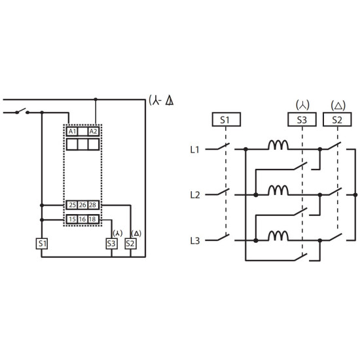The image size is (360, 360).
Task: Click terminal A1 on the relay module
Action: [72, 132]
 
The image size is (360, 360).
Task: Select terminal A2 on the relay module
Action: [94, 132]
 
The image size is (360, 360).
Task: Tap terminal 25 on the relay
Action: [72, 205]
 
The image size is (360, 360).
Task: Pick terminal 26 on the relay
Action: [82, 205]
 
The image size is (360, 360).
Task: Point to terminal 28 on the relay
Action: [93, 205]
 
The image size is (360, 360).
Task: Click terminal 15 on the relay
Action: [72, 219]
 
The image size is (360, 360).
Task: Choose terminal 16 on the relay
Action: [82, 219]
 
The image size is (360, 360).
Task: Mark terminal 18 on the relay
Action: [93, 219]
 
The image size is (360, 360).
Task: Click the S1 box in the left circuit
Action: [42, 243]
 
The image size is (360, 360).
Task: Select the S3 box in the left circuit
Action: [111, 243]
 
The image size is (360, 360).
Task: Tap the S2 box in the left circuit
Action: [130, 243]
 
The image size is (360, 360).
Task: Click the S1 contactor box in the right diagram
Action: [226, 119]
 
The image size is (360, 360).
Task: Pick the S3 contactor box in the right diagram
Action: [302, 119]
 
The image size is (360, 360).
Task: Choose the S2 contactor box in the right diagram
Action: [337, 119]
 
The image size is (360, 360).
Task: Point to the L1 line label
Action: [194, 150]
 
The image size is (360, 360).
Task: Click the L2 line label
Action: [195, 195]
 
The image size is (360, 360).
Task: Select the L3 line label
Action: [195, 241]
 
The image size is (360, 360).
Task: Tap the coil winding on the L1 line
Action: [278, 145]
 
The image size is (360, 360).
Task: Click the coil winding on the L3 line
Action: [278, 236]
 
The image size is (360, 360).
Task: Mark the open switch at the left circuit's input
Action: [22, 111]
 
